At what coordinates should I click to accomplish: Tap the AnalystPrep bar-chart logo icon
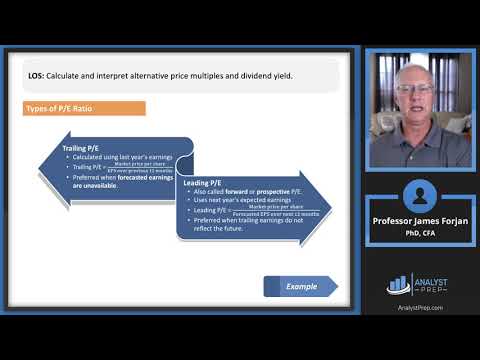coord(398,283)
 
